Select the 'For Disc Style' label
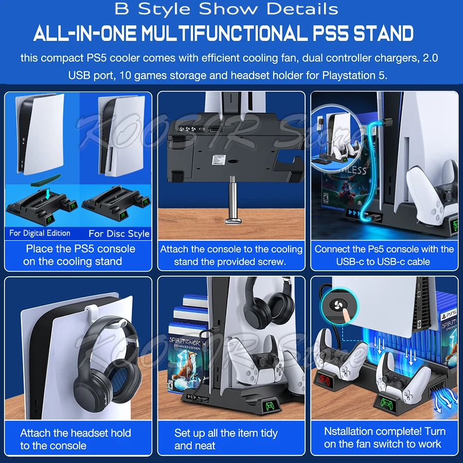point(119,234)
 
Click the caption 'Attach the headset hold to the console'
point(75,439)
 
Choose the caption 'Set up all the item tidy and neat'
point(226,439)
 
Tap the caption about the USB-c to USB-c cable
point(384,255)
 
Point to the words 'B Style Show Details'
point(226,9)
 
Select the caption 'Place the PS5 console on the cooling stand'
point(80,255)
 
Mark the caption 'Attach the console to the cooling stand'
point(231,255)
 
